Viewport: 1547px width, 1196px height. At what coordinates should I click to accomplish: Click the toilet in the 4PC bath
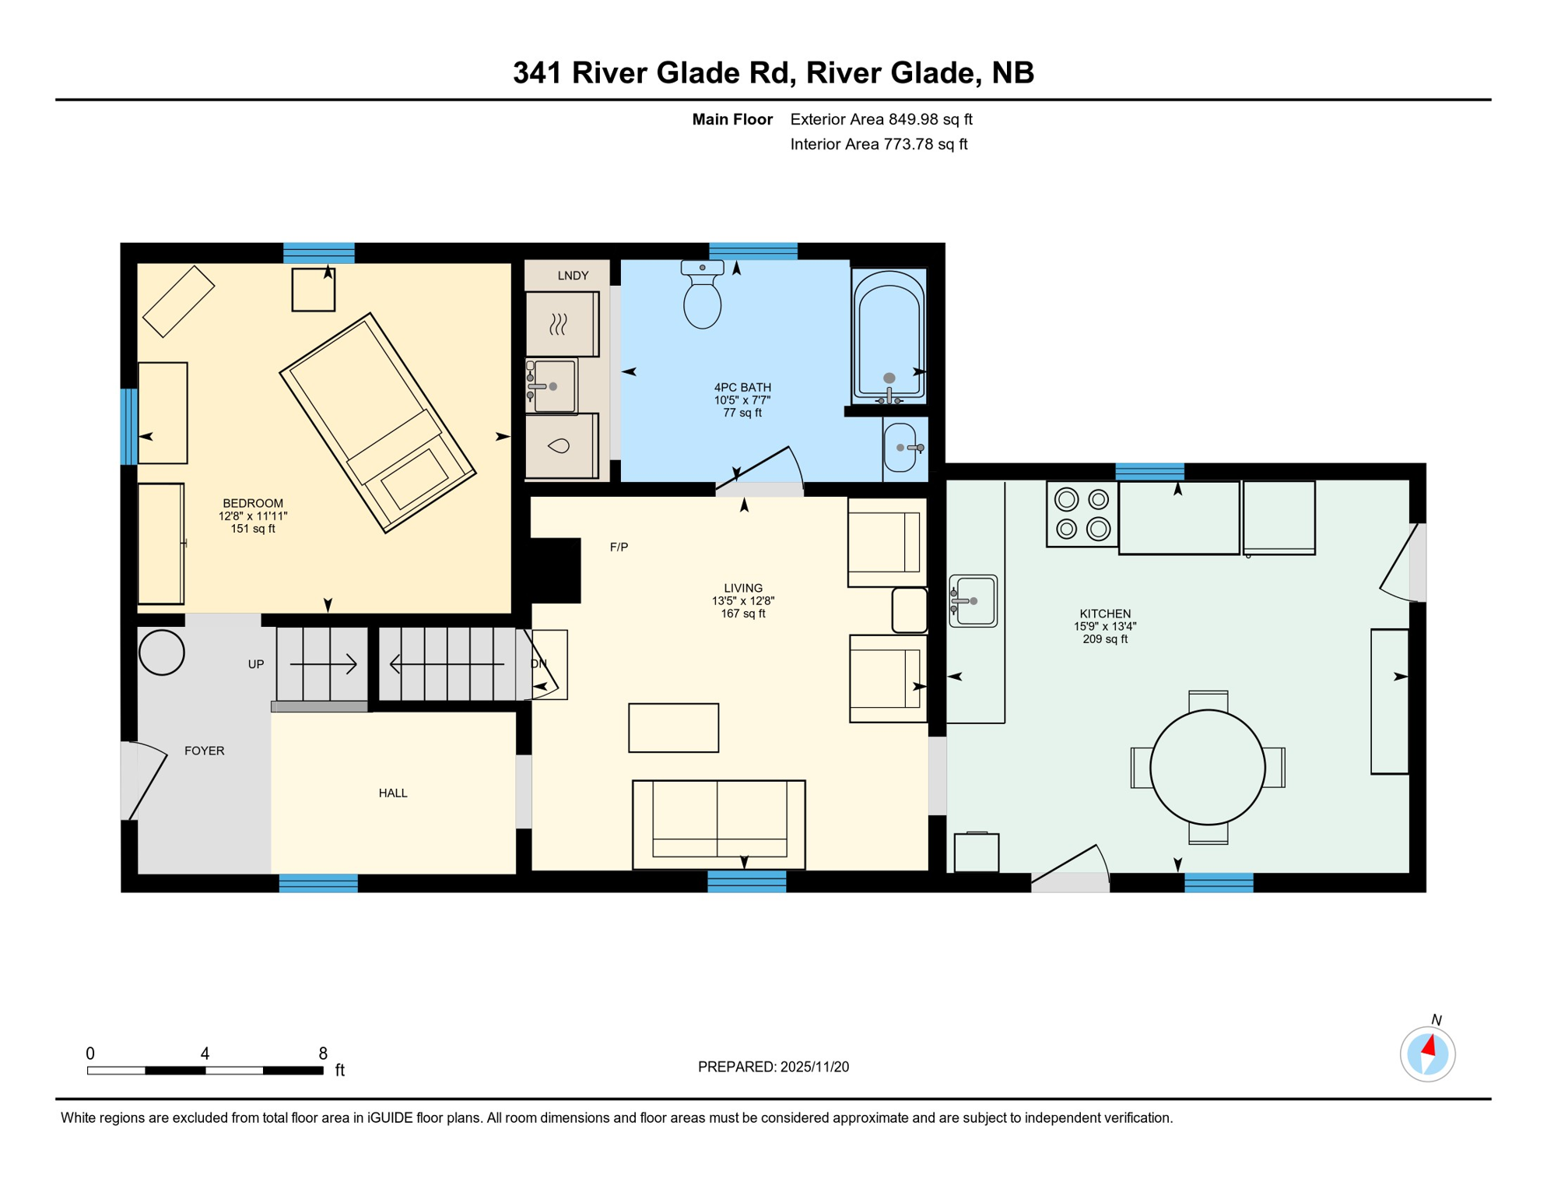(x=702, y=299)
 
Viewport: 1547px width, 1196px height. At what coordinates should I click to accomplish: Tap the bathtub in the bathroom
(x=889, y=336)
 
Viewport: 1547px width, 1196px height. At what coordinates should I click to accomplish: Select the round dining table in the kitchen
(x=1207, y=767)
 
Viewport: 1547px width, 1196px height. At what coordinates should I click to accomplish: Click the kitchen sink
(x=973, y=601)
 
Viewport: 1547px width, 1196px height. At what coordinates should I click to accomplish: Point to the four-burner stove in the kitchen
(x=1082, y=514)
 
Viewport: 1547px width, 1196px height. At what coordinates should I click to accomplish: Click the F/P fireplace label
(x=619, y=547)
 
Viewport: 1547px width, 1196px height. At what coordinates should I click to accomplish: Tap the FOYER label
(x=204, y=751)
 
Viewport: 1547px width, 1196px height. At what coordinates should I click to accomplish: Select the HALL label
(x=393, y=793)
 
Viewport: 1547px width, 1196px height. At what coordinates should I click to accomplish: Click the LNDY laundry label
(x=573, y=276)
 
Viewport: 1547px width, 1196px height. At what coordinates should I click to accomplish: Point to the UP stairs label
(x=256, y=664)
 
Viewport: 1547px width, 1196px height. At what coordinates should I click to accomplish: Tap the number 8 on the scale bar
(x=323, y=1054)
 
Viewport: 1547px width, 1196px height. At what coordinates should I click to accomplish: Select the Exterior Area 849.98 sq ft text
(x=881, y=119)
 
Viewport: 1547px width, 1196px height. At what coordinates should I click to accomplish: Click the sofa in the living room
(x=718, y=823)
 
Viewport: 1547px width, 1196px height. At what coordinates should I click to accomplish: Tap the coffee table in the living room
(x=673, y=727)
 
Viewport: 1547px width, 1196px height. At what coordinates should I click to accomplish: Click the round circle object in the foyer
(x=161, y=652)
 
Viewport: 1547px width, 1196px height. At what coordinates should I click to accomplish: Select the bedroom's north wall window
(x=318, y=252)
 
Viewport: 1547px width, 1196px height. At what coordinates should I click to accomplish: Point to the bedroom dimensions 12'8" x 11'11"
(x=253, y=516)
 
